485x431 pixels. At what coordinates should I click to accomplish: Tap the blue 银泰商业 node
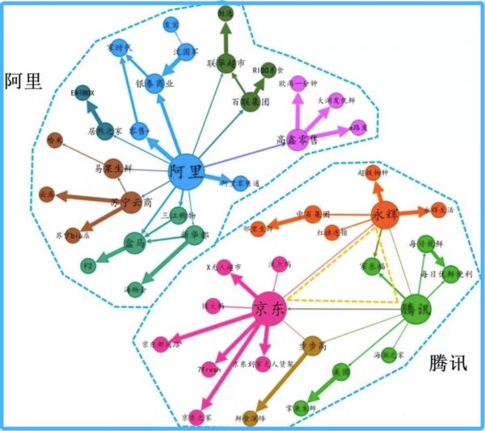(x=154, y=82)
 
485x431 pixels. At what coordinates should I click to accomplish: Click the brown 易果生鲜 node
(x=112, y=168)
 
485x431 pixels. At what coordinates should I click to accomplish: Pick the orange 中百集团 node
(x=314, y=214)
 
